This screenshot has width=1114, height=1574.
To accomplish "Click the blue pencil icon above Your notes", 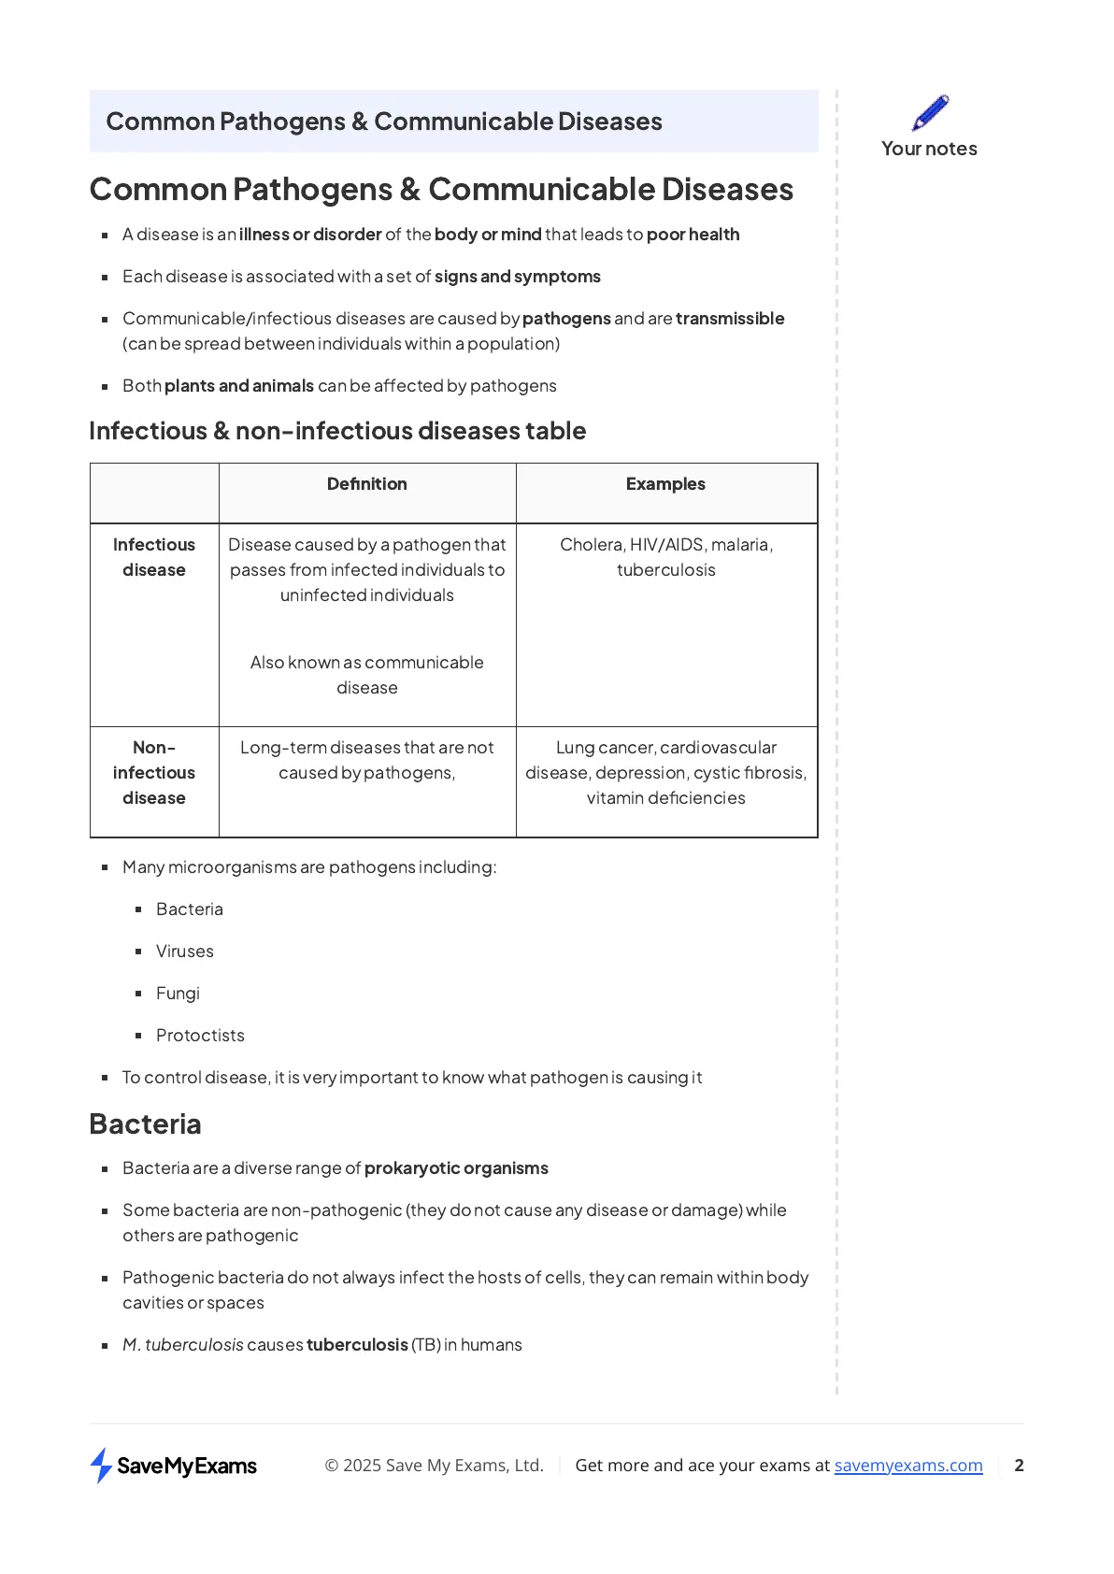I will pos(930,112).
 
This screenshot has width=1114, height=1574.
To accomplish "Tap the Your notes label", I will pos(929,149).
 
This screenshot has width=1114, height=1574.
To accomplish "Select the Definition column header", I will pos(366,484).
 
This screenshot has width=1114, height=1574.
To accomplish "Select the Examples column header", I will pos(665,484).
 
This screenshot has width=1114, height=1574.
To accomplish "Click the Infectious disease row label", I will pos(154,557).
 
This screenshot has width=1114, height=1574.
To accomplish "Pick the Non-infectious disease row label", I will pos(154,773).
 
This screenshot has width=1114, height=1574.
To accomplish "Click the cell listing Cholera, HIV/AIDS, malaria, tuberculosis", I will pos(666,557).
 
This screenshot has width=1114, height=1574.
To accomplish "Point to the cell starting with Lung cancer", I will pos(666,773).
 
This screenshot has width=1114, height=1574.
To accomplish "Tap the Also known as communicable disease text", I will pos(366,675).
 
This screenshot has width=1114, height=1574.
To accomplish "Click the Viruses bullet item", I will pos(185,952).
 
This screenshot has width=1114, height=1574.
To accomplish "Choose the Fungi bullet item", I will pos(178,994).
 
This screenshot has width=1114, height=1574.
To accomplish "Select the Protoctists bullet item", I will pos(200,1036).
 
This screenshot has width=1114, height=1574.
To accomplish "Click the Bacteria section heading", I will pos(145,1123).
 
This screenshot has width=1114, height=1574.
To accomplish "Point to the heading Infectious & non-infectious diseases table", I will pos(337,431).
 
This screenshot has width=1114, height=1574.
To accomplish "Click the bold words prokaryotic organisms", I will pos(456,1168).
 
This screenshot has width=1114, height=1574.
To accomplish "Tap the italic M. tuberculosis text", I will pos(183,1345).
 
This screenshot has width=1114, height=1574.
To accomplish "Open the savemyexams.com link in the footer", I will pos(908,1466).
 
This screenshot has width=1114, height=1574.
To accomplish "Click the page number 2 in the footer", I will pos(1019,1466).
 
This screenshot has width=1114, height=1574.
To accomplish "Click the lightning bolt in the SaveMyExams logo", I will pos(101,1466).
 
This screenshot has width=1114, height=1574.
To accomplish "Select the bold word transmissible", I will pos(730,319).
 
